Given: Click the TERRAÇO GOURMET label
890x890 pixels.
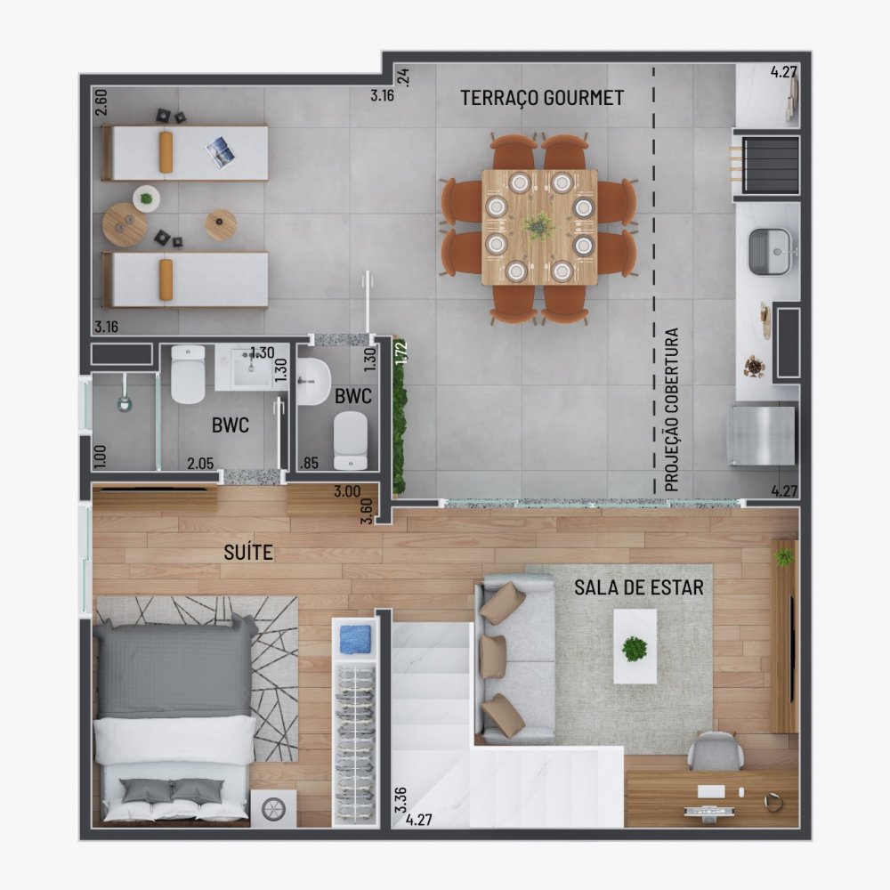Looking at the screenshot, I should pos(542,98).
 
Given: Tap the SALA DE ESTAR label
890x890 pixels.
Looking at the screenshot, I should pos(638,587).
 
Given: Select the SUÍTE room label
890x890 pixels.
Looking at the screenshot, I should pos(248,553).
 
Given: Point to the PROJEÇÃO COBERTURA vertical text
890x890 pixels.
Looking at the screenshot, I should pos(672,410).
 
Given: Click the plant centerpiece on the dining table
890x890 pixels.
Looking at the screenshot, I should pos(539,225).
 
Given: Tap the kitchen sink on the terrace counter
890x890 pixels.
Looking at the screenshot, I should pos(769,251).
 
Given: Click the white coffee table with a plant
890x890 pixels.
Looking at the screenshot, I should pos(635,646).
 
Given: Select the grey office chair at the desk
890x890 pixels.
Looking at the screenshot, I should pos(716,752).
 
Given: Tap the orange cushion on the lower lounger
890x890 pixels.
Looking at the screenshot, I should pos(166,279).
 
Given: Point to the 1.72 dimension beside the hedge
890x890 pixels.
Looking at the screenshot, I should pos(400,353).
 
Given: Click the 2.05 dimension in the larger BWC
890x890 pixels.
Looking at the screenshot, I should pos(201,463).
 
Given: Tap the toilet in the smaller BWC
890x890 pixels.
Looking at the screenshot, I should pos(350,441).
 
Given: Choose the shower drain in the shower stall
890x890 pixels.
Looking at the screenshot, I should pos(123,402).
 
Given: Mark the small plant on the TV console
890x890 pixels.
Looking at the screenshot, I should pos(784,557).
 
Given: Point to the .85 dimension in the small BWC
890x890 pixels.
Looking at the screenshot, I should pos(310,463).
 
